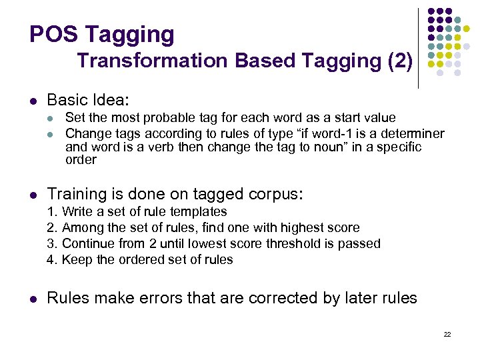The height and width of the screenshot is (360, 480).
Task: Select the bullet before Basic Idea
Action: (33, 101)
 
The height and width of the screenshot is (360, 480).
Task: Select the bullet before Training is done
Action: (33, 195)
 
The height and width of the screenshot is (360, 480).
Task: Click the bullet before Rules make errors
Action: (33, 299)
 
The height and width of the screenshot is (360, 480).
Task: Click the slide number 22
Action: (447, 334)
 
